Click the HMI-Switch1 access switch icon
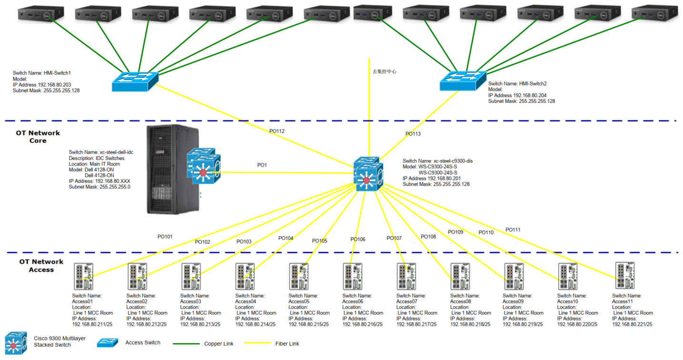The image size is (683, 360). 135,81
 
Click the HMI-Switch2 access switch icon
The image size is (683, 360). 463,80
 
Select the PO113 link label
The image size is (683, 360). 413,134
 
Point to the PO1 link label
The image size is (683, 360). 262,165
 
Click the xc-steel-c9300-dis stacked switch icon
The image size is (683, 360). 368,175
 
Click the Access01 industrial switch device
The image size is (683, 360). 83,276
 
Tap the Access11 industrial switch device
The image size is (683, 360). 624,275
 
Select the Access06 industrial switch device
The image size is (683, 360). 352,276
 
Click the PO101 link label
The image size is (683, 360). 165,236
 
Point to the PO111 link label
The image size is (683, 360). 513,230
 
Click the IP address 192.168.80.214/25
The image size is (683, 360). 255,324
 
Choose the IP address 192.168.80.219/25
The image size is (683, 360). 523,324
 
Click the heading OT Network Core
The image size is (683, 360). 38,137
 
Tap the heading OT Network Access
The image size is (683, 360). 41,266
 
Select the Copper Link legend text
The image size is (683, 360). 218,344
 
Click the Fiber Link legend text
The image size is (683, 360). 287,344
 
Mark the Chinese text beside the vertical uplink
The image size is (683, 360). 384,71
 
